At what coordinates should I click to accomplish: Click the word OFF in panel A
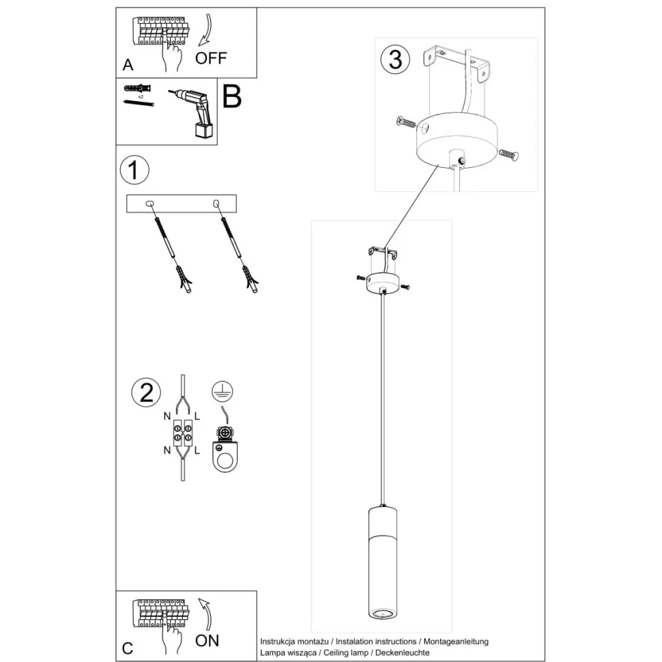(210, 58)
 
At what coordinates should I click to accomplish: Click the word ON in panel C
(207, 640)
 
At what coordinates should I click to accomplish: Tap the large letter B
(231, 98)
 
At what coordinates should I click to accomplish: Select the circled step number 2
(145, 392)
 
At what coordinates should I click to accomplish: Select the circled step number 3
(394, 60)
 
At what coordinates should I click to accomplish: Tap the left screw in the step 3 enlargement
(405, 122)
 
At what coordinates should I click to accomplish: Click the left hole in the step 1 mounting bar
(150, 203)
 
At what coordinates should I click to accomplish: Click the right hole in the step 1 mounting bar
(216, 203)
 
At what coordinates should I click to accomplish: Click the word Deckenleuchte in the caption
(405, 652)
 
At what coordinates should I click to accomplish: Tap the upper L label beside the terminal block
(197, 416)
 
